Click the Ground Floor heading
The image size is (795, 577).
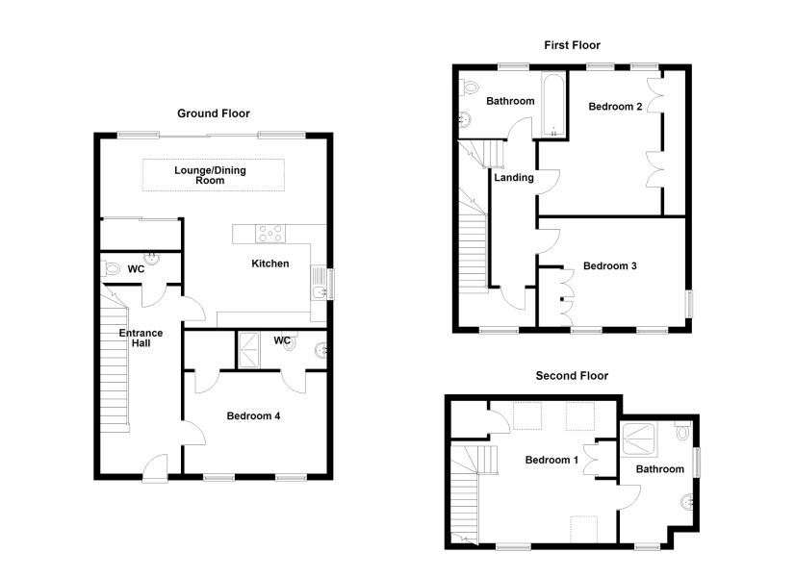[214, 113]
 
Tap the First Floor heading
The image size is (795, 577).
[572, 45]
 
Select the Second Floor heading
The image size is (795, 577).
[572, 376]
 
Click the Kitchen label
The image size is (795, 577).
[270, 263]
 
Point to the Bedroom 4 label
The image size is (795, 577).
[253, 415]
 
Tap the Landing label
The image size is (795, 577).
[514, 178]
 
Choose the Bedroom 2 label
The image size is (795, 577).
[615, 107]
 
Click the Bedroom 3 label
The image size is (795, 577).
[610, 266]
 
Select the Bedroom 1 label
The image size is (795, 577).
[551, 460]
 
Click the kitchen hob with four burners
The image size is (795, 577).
[270, 234]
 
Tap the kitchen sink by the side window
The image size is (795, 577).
[319, 283]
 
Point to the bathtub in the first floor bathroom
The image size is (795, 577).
[552, 105]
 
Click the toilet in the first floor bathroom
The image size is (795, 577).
[469, 88]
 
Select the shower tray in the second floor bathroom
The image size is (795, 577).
[639, 439]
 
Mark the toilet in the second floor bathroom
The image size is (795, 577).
[684, 431]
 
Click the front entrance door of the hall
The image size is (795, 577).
[155, 468]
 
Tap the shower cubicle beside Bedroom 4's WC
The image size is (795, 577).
[249, 349]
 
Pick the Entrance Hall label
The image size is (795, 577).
[141, 338]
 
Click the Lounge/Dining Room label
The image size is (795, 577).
[210, 175]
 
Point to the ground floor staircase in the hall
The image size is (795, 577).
[115, 361]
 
